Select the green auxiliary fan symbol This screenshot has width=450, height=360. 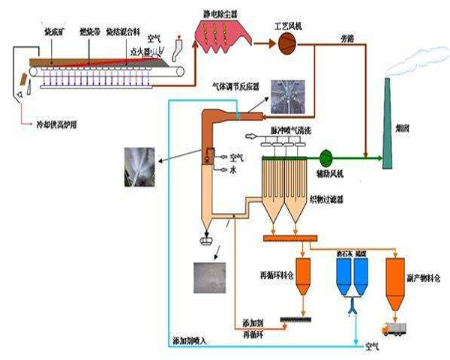326,158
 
